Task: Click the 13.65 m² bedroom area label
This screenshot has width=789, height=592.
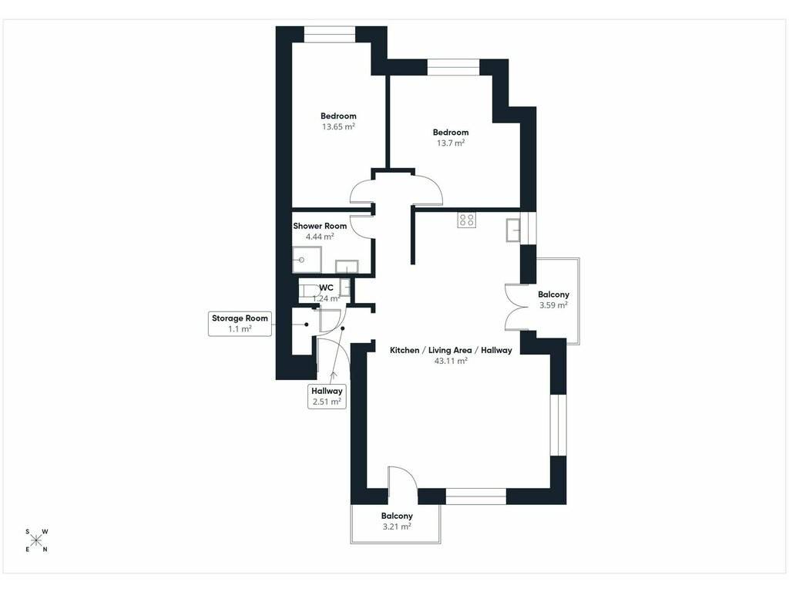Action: coord(338,127)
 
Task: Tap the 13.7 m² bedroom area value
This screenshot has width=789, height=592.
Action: coord(450,143)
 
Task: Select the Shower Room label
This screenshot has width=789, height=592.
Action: coord(320,226)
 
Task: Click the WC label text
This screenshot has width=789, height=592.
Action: coord(326,288)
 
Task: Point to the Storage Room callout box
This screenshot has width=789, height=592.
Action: coord(240,324)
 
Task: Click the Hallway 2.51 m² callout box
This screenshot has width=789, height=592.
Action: coord(327,396)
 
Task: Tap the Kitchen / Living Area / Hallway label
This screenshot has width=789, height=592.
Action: coord(451,351)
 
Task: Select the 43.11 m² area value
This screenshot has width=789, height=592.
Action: coord(451,361)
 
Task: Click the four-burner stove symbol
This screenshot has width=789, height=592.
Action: coord(466,220)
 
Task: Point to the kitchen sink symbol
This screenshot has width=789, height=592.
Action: coord(513,230)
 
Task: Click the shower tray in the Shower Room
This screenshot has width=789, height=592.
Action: coord(307,260)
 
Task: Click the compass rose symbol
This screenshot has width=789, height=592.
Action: coord(36,540)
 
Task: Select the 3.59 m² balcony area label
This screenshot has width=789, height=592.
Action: coord(553,305)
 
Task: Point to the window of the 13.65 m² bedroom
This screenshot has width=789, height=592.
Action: coord(330,34)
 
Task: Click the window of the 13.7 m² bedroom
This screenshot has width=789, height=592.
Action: coord(453,68)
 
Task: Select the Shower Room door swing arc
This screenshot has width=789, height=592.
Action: coord(361,226)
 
